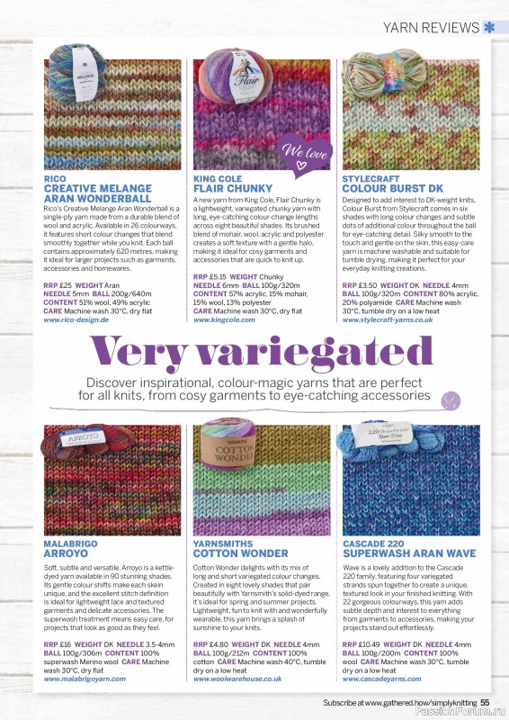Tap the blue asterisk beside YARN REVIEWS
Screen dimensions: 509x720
coord(488,26)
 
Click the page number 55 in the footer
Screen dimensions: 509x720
coord(485,703)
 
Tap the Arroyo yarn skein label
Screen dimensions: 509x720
coord(84,444)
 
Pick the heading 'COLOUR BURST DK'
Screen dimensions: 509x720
coord(387,188)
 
